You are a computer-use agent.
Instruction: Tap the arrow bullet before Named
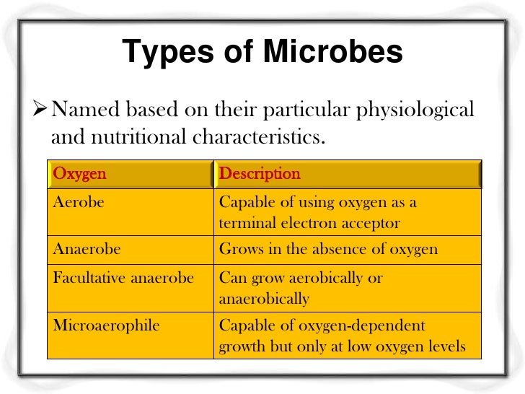click(x=42, y=111)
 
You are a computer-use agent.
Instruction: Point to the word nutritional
click(x=134, y=135)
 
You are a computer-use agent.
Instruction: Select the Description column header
click(x=259, y=174)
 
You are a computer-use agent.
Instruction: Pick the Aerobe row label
click(x=79, y=203)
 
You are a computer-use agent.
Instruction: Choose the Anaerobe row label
click(x=87, y=250)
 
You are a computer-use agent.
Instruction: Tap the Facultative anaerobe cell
click(x=123, y=278)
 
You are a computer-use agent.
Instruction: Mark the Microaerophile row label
click(x=106, y=325)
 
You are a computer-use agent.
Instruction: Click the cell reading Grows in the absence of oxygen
click(x=328, y=250)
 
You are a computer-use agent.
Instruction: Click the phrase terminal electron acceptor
click(x=309, y=223)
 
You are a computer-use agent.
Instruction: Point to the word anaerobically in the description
click(x=264, y=298)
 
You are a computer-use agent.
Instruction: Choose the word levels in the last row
click(x=446, y=347)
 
